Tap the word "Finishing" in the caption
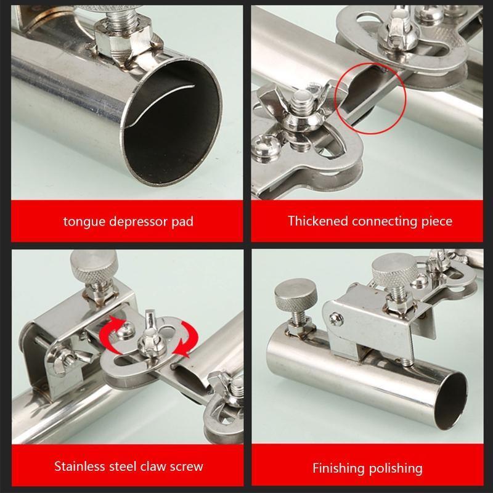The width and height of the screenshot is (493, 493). click(338, 468)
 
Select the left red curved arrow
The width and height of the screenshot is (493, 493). click(113, 335)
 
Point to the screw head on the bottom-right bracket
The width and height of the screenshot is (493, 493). click(336, 319)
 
